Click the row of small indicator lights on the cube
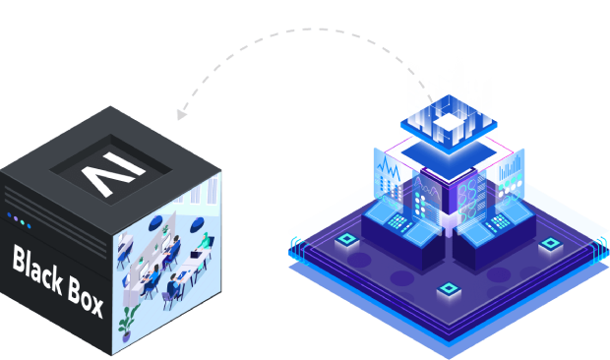point(19,218)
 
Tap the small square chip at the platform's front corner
point(449,289)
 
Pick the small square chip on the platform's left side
point(346,240)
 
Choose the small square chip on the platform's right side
point(547,243)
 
